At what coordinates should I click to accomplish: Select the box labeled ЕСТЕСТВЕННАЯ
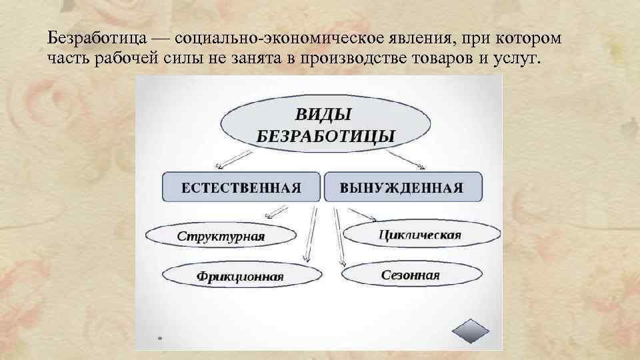pos(241,187)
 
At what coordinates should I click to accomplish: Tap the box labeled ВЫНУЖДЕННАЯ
pos(402,187)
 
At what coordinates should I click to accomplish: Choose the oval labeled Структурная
pos(221,236)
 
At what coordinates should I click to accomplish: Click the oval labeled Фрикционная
pos(238,275)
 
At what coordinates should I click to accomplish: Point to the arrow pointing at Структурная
pos(277,211)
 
